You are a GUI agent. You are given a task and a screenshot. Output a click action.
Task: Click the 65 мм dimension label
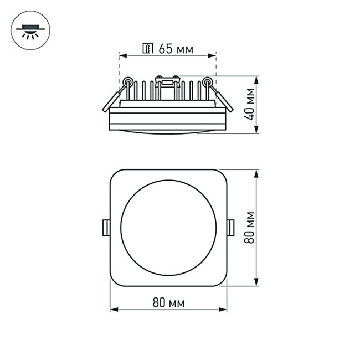tap(176, 49)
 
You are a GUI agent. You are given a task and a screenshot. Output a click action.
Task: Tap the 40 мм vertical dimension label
tap(250, 104)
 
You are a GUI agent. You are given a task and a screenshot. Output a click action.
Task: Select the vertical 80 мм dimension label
tap(250, 227)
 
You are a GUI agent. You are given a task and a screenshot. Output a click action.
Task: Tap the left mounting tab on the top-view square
tap(105, 228)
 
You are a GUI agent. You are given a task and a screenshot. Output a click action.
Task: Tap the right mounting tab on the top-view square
tap(230, 228)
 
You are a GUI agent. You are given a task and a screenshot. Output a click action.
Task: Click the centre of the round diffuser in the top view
tap(168, 228)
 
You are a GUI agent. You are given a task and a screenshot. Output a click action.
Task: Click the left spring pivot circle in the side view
tap(128, 82)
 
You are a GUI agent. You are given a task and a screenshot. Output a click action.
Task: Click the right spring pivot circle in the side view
tap(207, 82)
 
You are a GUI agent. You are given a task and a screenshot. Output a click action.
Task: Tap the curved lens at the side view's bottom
tap(168, 131)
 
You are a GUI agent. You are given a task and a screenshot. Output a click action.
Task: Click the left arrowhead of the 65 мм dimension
tap(122, 55)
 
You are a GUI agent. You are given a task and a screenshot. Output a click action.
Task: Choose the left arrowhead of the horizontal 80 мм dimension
tap(113, 310)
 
